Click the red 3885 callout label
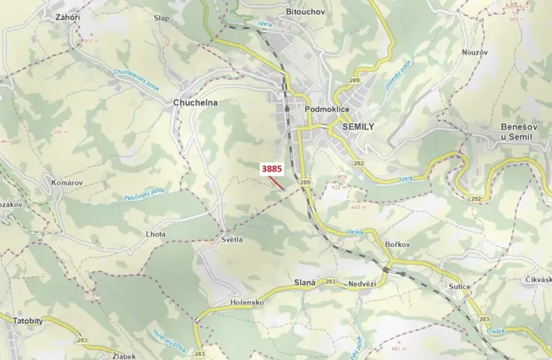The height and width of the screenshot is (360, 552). coord(273,167)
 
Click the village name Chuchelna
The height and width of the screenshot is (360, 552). coord(196,102)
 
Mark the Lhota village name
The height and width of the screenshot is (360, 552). coord(155,233)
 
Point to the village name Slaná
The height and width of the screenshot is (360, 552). coord(305,282)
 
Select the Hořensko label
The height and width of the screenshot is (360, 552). coord(247,304)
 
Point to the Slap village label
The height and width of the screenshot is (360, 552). coord(161,17)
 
